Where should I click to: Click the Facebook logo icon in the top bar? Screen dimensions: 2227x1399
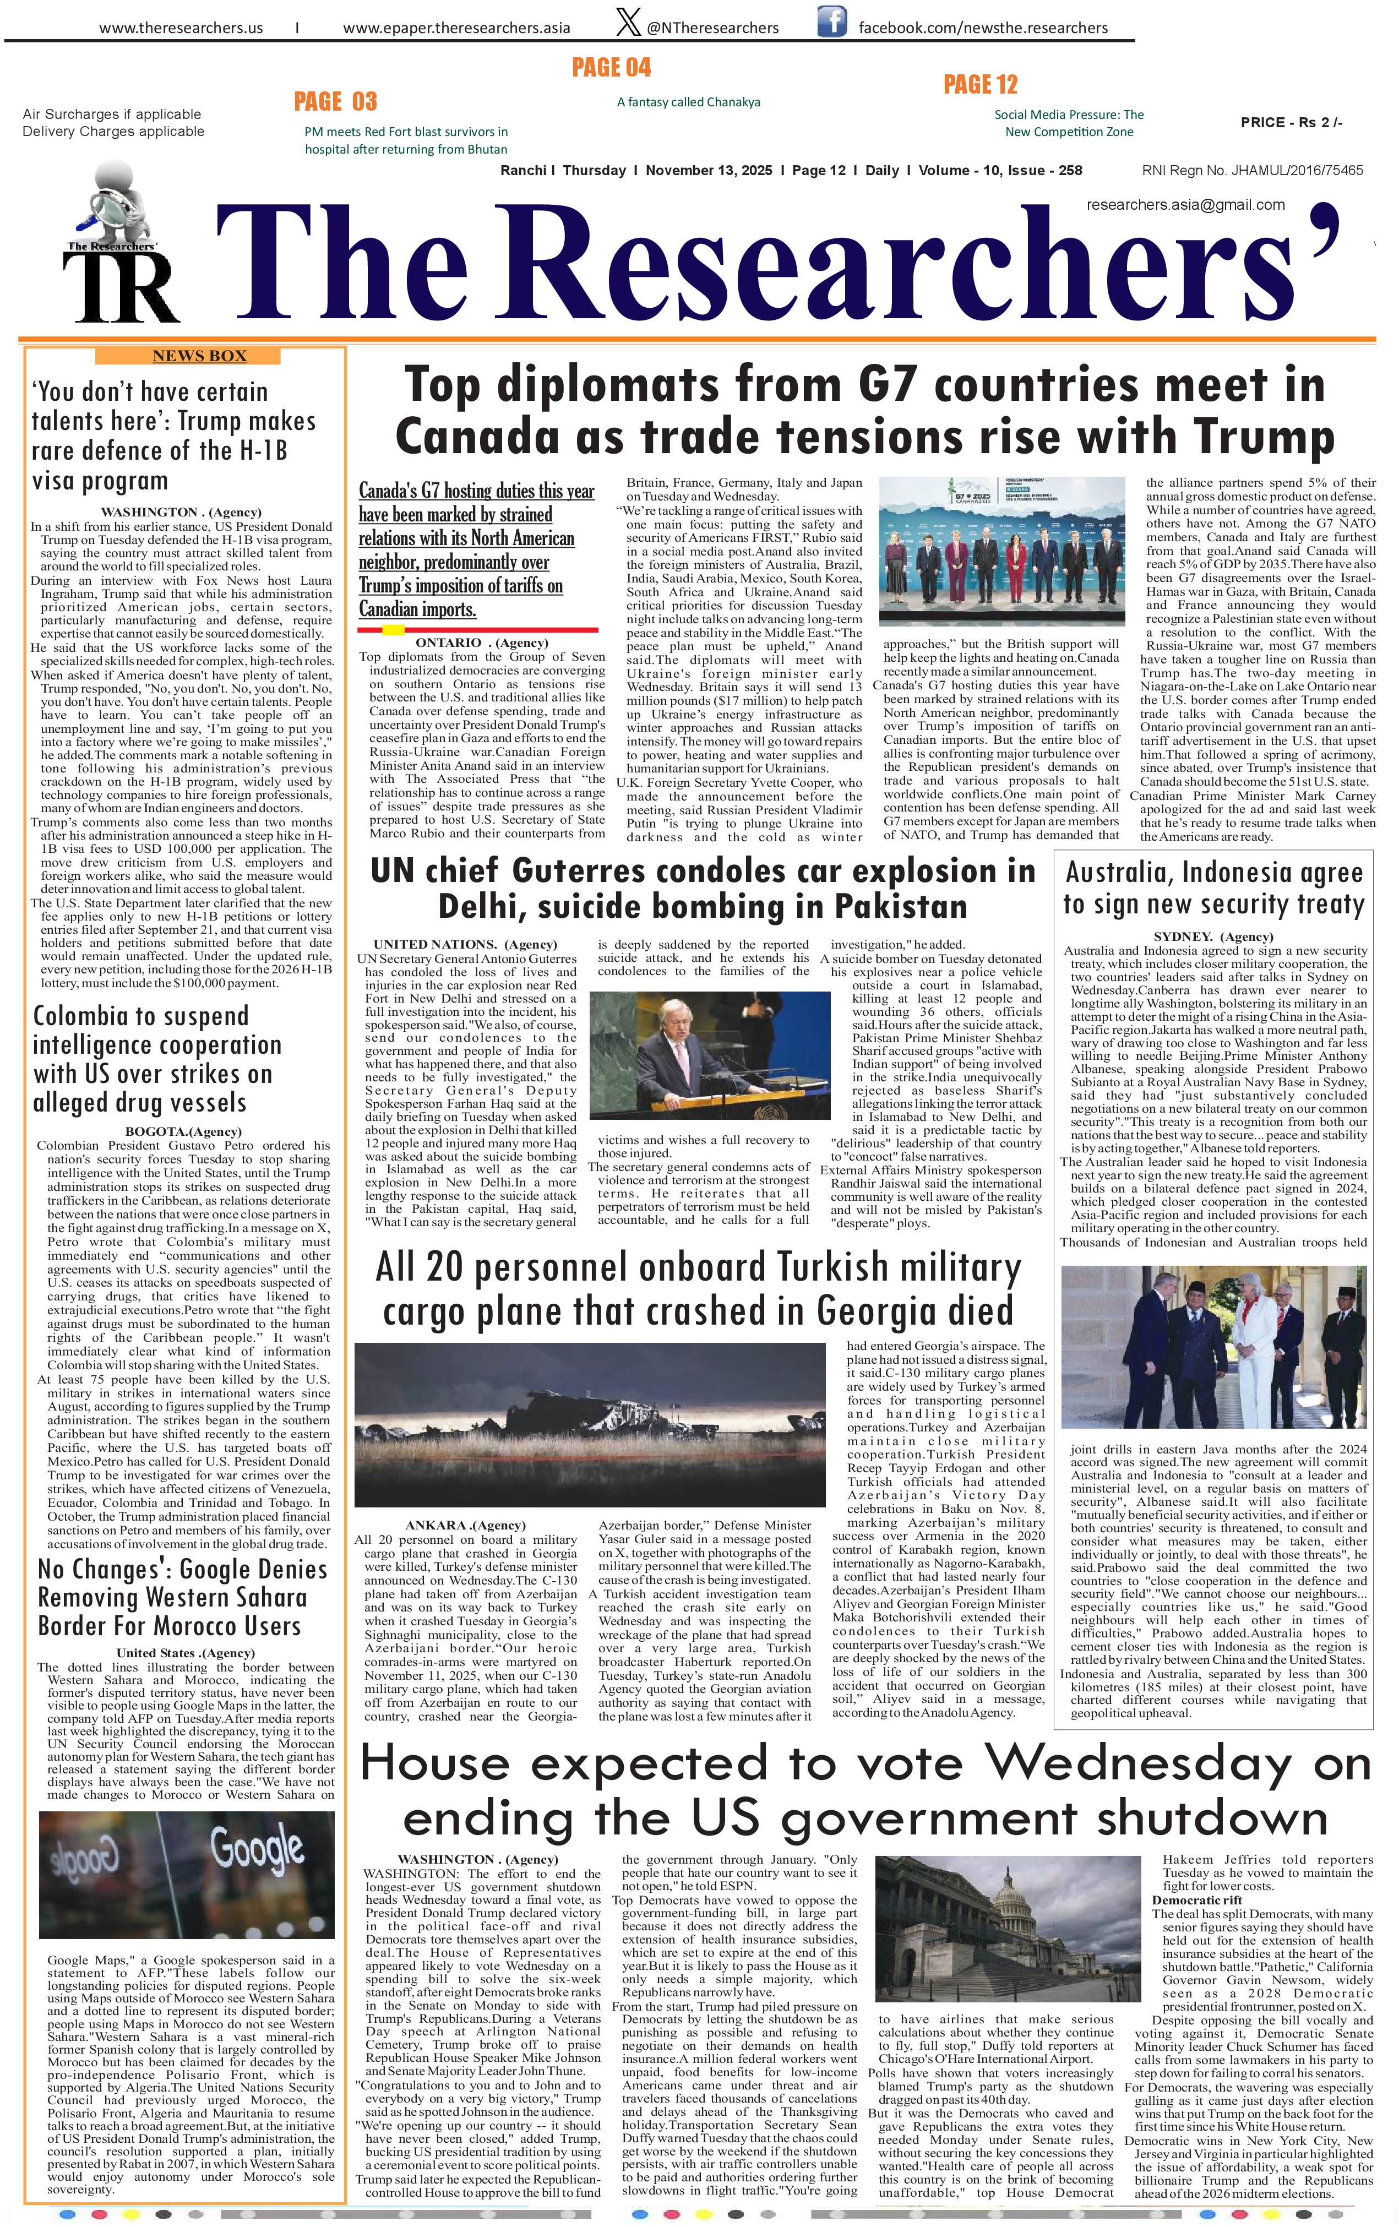[x=831, y=21]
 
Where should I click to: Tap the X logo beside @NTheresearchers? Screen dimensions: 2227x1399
[x=628, y=22]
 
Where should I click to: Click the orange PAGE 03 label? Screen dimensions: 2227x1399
[x=336, y=102]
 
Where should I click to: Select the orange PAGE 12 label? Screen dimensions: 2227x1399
[x=980, y=85]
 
